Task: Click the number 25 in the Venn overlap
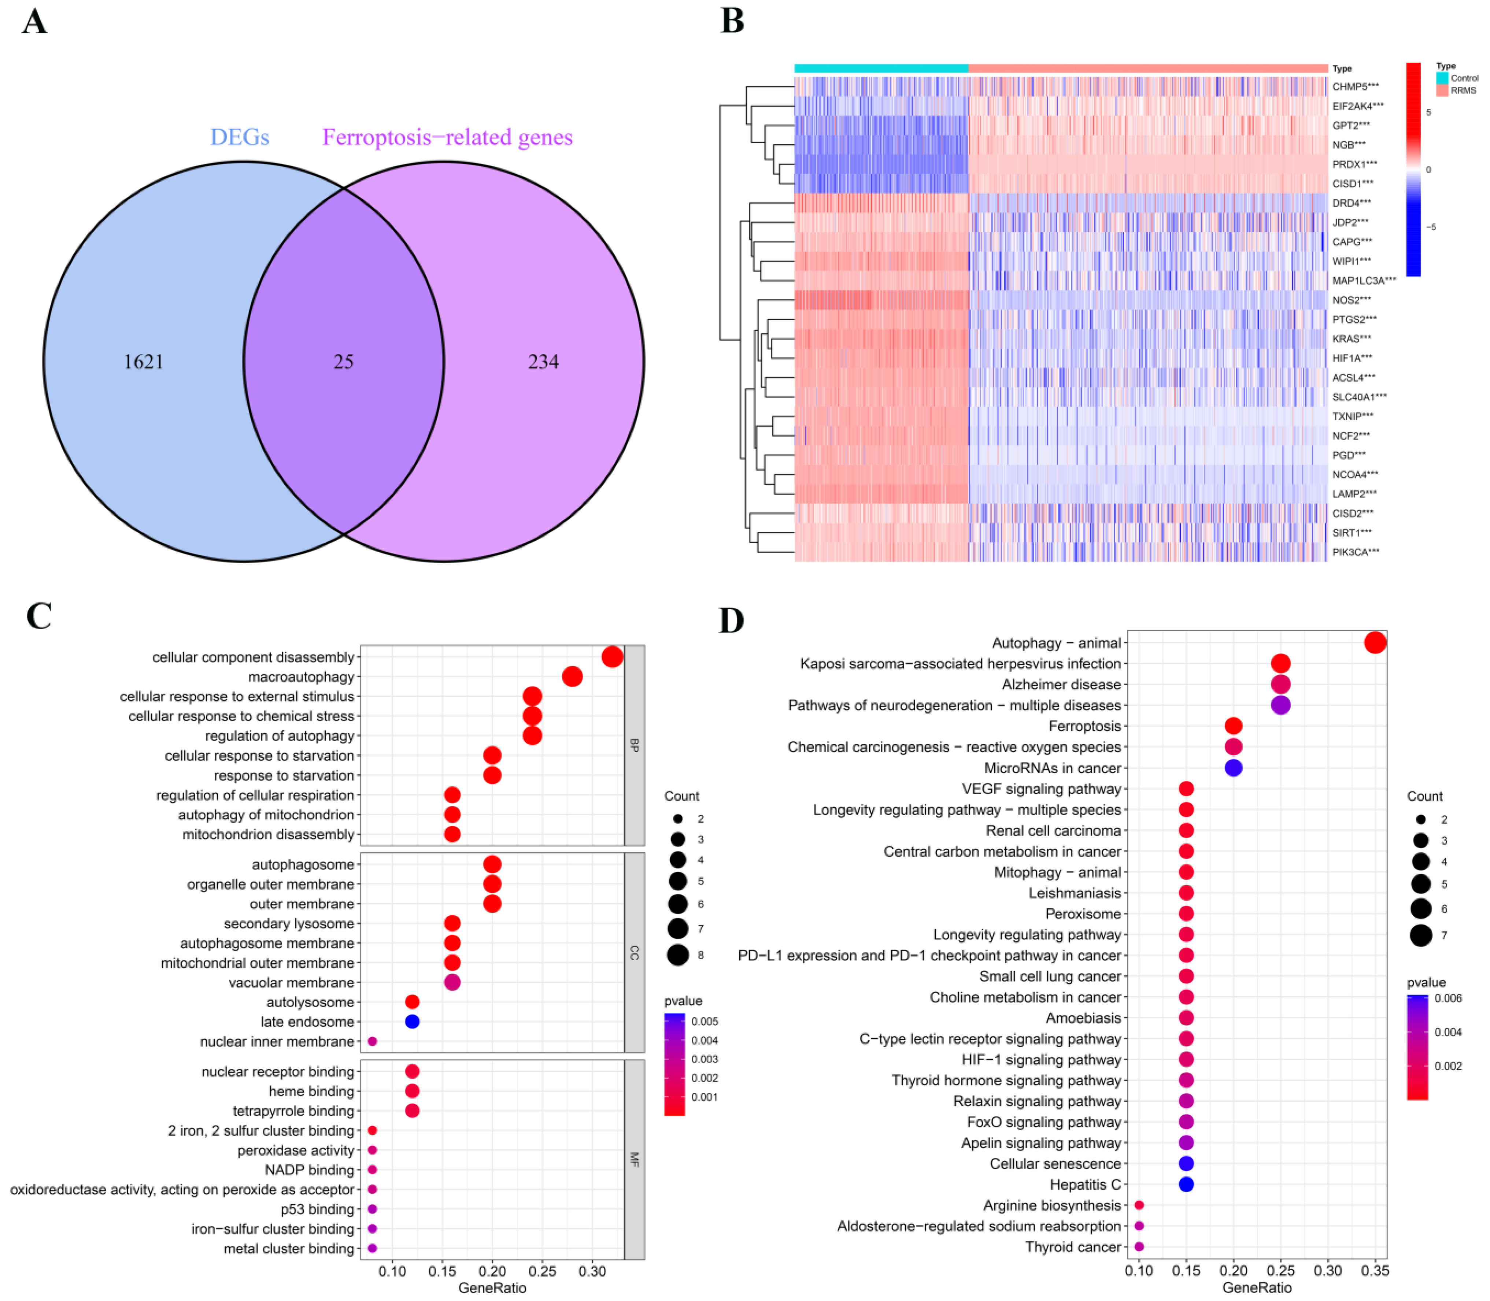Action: [x=343, y=362]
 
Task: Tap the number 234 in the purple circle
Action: [x=543, y=362]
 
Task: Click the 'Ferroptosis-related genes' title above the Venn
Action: [x=447, y=137]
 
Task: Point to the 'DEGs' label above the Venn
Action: [x=240, y=137]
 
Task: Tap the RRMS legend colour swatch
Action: [x=1441, y=91]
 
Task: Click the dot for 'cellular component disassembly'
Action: [x=612, y=657]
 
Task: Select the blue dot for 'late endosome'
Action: [x=412, y=1022]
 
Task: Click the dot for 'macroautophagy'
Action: [x=572, y=677]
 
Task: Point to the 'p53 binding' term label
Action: [x=317, y=1209]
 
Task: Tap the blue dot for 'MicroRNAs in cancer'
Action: [x=1233, y=767]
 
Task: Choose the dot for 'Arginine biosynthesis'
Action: [x=1139, y=1205]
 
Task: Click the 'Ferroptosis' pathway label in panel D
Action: [x=1085, y=726]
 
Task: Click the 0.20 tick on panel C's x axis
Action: [x=492, y=1271]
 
